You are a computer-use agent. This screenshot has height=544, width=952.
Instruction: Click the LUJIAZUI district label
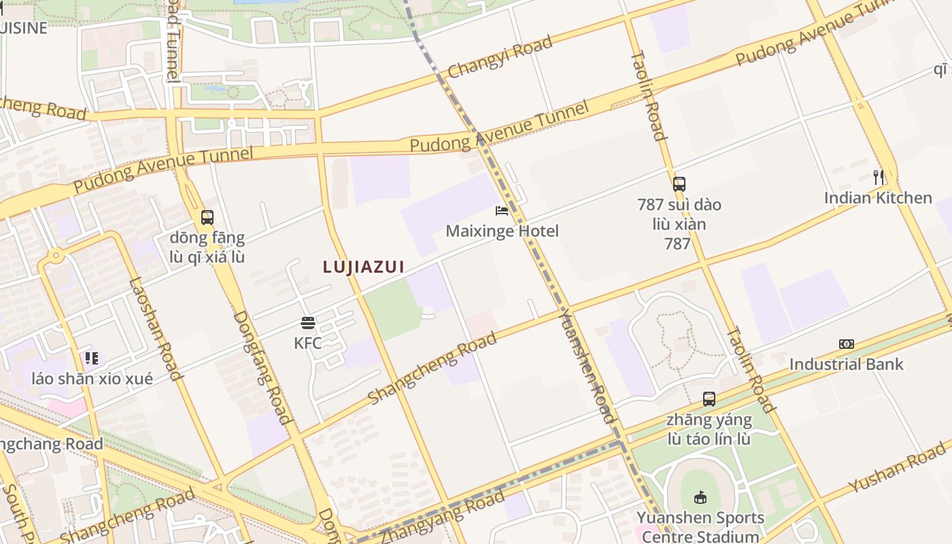pos(364,267)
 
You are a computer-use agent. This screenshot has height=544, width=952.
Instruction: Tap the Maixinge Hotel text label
pos(502,231)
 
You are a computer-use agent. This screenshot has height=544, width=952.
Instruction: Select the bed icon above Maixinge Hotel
pos(502,211)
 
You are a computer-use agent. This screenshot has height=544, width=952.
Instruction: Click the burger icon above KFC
pos(308,322)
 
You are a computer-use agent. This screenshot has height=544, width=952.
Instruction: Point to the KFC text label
pos(308,343)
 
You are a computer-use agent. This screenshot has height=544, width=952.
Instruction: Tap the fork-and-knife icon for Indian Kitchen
pos(879,177)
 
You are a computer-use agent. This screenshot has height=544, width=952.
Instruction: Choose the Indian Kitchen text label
pos(878,198)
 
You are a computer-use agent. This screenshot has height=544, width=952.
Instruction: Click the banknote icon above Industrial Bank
pos(847,344)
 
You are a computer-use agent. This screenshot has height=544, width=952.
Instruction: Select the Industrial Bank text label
pos(847,364)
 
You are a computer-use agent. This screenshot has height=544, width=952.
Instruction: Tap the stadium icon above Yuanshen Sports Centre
pos(700,498)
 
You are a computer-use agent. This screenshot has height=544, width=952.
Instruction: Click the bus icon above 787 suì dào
pos(679,184)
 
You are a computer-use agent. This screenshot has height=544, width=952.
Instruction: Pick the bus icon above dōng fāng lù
pos(207,218)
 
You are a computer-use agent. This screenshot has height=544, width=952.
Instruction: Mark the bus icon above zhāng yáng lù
pos(709,399)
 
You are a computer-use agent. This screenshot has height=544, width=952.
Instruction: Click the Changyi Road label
pos(500,57)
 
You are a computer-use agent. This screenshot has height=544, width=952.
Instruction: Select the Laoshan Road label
pos(156,328)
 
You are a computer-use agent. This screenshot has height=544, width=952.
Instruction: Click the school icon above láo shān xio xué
pos(92,358)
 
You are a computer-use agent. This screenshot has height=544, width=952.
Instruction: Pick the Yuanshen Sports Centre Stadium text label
pos(700,528)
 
